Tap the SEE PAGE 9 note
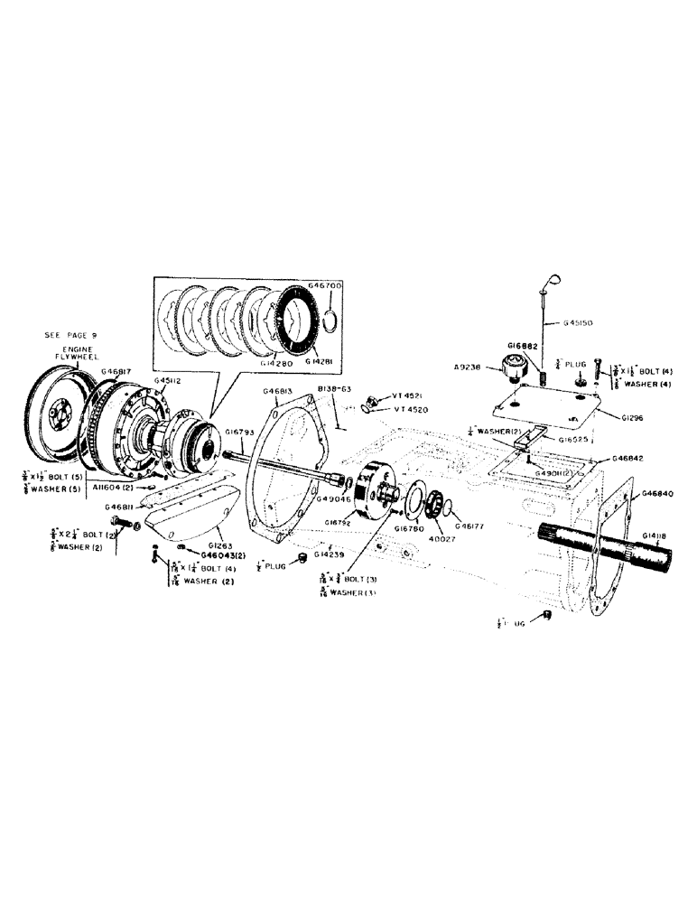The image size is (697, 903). tap(70, 334)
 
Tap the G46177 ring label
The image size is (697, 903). tap(470, 526)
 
